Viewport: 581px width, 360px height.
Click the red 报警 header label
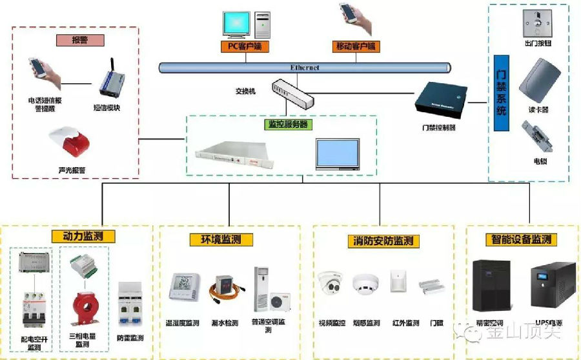[x=79, y=40]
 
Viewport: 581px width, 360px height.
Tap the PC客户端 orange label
[x=244, y=46]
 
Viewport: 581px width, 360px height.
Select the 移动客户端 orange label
[x=356, y=46]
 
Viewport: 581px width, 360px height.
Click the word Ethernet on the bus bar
[x=305, y=67]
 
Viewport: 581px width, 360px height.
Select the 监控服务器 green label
[x=287, y=124]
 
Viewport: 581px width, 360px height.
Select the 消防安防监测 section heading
[x=383, y=241]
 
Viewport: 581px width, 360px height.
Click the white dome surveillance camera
[x=332, y=284]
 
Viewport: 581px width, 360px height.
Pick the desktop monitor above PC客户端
[x=238, y=23]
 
